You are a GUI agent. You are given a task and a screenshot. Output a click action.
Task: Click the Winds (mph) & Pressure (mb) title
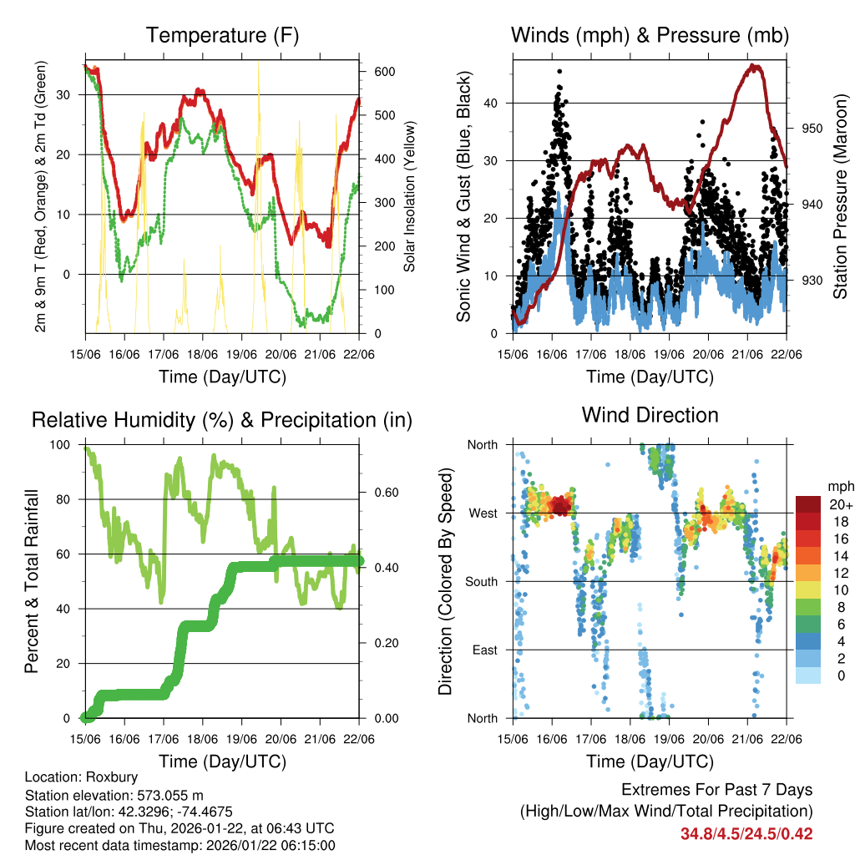[x=650, y=35]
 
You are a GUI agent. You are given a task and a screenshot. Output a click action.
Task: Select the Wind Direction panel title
[x=650, y=414]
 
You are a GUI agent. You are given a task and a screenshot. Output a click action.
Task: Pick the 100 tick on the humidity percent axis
[x=62, y=444]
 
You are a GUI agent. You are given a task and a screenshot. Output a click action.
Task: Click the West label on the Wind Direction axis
[x=483, y=513]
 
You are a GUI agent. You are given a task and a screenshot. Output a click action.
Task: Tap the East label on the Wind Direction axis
[x=483, y=650]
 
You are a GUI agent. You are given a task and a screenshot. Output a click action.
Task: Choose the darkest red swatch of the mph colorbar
[x=807, y=504]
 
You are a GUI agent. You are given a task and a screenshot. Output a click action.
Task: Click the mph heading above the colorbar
[x=838, y=486]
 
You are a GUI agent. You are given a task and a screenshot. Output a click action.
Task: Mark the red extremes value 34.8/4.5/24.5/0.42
[x=746, y=833]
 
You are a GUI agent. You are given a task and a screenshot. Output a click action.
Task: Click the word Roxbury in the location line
[x=99, y=776]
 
